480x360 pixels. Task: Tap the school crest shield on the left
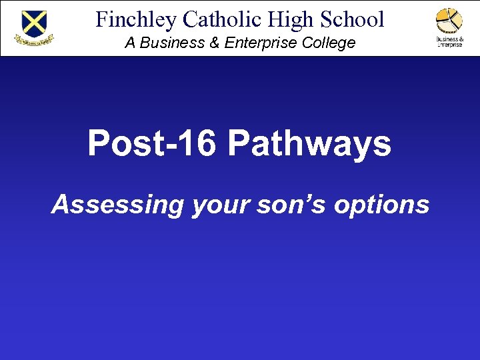34,23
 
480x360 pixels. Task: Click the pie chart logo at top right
449,20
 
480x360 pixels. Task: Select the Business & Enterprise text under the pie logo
449,41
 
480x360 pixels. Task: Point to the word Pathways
310,143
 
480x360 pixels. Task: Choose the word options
382,204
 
